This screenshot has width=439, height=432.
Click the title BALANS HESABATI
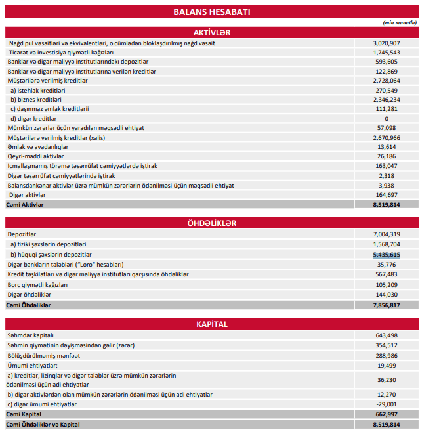(211, 12)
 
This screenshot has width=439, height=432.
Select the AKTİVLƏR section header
(211, 32)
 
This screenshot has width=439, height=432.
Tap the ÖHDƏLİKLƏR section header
(211, 223)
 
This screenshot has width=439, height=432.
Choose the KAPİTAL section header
(211, 324)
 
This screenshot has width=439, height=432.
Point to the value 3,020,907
(387, 43)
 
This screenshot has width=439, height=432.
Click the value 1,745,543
(387, 52)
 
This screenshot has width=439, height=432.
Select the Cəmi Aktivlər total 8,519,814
(387, 205)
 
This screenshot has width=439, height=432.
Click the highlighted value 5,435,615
(387, 254)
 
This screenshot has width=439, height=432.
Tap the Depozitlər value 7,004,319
(387, 234)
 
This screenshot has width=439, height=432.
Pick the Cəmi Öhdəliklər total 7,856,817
(387, 305)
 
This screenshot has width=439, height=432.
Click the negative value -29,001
(387, 404)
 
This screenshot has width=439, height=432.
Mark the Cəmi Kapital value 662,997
(387, 415)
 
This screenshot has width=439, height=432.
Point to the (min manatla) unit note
(400, 22)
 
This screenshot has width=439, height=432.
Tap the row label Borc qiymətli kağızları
(37, 285)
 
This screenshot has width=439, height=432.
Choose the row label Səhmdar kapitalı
(30, 335)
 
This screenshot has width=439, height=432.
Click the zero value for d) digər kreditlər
(387, 119)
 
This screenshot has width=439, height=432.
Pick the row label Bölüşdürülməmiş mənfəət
(43, 355)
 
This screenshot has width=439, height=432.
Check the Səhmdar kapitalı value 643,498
(387, 335)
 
